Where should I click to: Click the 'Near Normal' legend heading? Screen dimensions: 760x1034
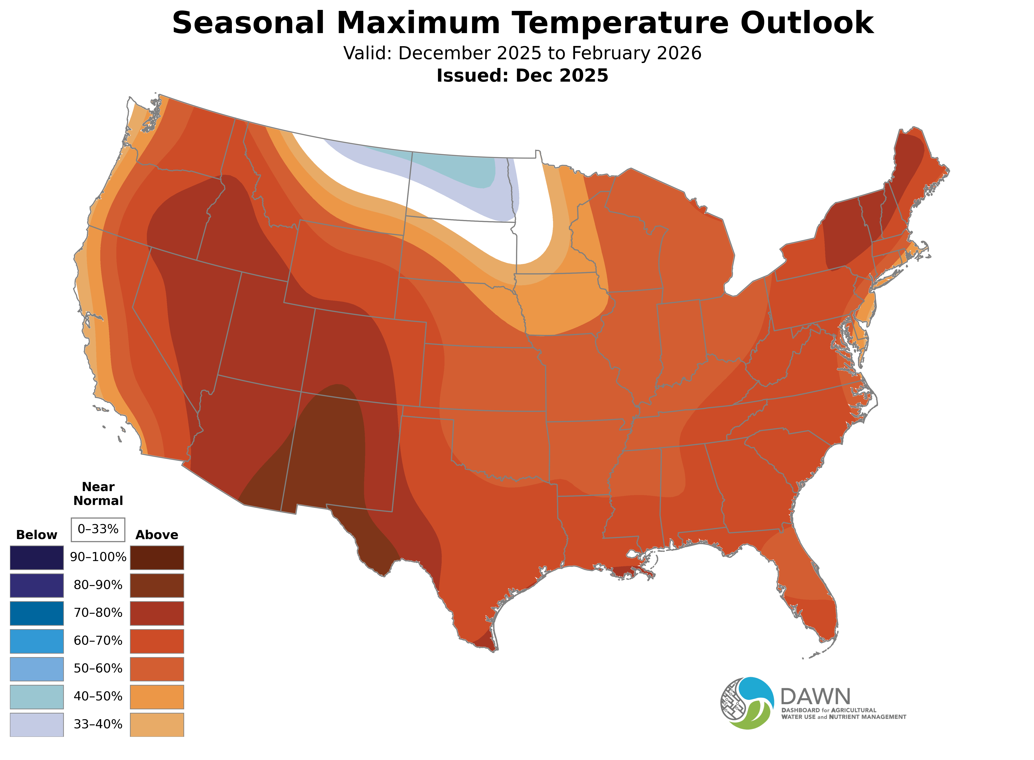(98, 494)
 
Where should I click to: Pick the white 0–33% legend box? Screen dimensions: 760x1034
(98, 530)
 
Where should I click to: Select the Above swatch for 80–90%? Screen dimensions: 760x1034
(157, 585)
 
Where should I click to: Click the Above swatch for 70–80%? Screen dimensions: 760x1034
(157, 613)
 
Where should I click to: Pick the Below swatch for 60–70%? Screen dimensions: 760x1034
(37, 641)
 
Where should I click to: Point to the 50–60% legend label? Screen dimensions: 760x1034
(98, 668)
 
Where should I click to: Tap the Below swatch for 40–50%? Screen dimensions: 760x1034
(37, 697)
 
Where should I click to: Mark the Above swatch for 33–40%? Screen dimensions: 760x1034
(157, 725)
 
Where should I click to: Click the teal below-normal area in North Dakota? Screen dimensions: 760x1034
(460, 170)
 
